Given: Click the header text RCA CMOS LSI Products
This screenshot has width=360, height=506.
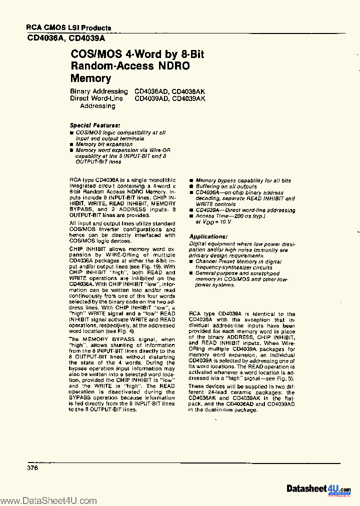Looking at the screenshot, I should click(68, 28).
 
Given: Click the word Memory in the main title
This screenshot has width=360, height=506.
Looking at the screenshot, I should click(90, 78).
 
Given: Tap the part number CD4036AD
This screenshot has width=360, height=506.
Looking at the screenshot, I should click(152, 91).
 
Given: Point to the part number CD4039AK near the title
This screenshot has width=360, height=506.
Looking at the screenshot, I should click(188, 99).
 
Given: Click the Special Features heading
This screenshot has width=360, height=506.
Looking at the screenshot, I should click(94, 125).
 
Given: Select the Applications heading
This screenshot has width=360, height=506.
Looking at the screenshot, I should click(208, 236).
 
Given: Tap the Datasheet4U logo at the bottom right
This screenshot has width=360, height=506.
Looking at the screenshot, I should click(318, 488).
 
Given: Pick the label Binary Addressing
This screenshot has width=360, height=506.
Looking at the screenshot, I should click(98, 91).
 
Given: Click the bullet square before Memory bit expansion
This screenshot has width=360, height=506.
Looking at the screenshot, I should click(71, 144).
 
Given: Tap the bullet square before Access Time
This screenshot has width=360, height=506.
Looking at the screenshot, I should click(191, 216).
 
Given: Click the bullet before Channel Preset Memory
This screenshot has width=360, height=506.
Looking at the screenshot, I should click(191, 261).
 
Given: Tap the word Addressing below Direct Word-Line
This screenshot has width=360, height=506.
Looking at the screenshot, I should click(97, 106).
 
